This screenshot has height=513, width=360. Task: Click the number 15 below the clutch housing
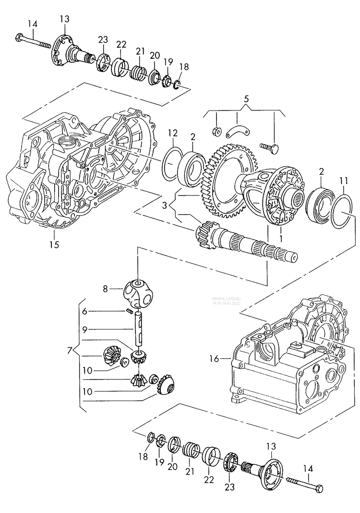(x=54, y=244)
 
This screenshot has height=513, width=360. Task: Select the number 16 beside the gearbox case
(x=214, y=358)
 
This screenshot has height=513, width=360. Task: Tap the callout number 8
(x=105, y=289)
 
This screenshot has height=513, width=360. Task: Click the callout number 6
(x=84, y=311)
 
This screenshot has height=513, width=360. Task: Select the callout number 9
(x=84, y=330)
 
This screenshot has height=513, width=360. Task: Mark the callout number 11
(x=342, y=181)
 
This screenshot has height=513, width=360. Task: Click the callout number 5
(x=246, y=100)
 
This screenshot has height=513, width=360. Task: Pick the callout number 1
(x=280, y=237)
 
